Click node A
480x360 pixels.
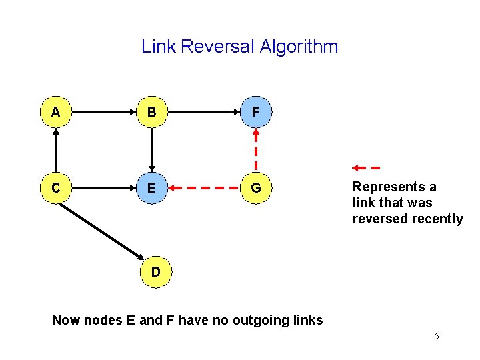pos(56,113)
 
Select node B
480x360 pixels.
pos(152,113)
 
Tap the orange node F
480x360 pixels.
pos(255,113)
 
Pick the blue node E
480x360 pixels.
pos(152,189)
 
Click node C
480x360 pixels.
pos(56,189)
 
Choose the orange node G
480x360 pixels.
pos(255,189)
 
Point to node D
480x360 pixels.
pos(155,272)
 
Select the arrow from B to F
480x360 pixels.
pos(203,113)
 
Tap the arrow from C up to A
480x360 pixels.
pos(56,151)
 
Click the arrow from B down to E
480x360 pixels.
pos(152,151)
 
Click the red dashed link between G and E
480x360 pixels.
pos(203,189)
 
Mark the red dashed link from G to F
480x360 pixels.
pos(255,151)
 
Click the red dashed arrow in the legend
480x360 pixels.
pos(366,167)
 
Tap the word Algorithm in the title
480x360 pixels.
pos(299,47)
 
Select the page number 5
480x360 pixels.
pos(437,336)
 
